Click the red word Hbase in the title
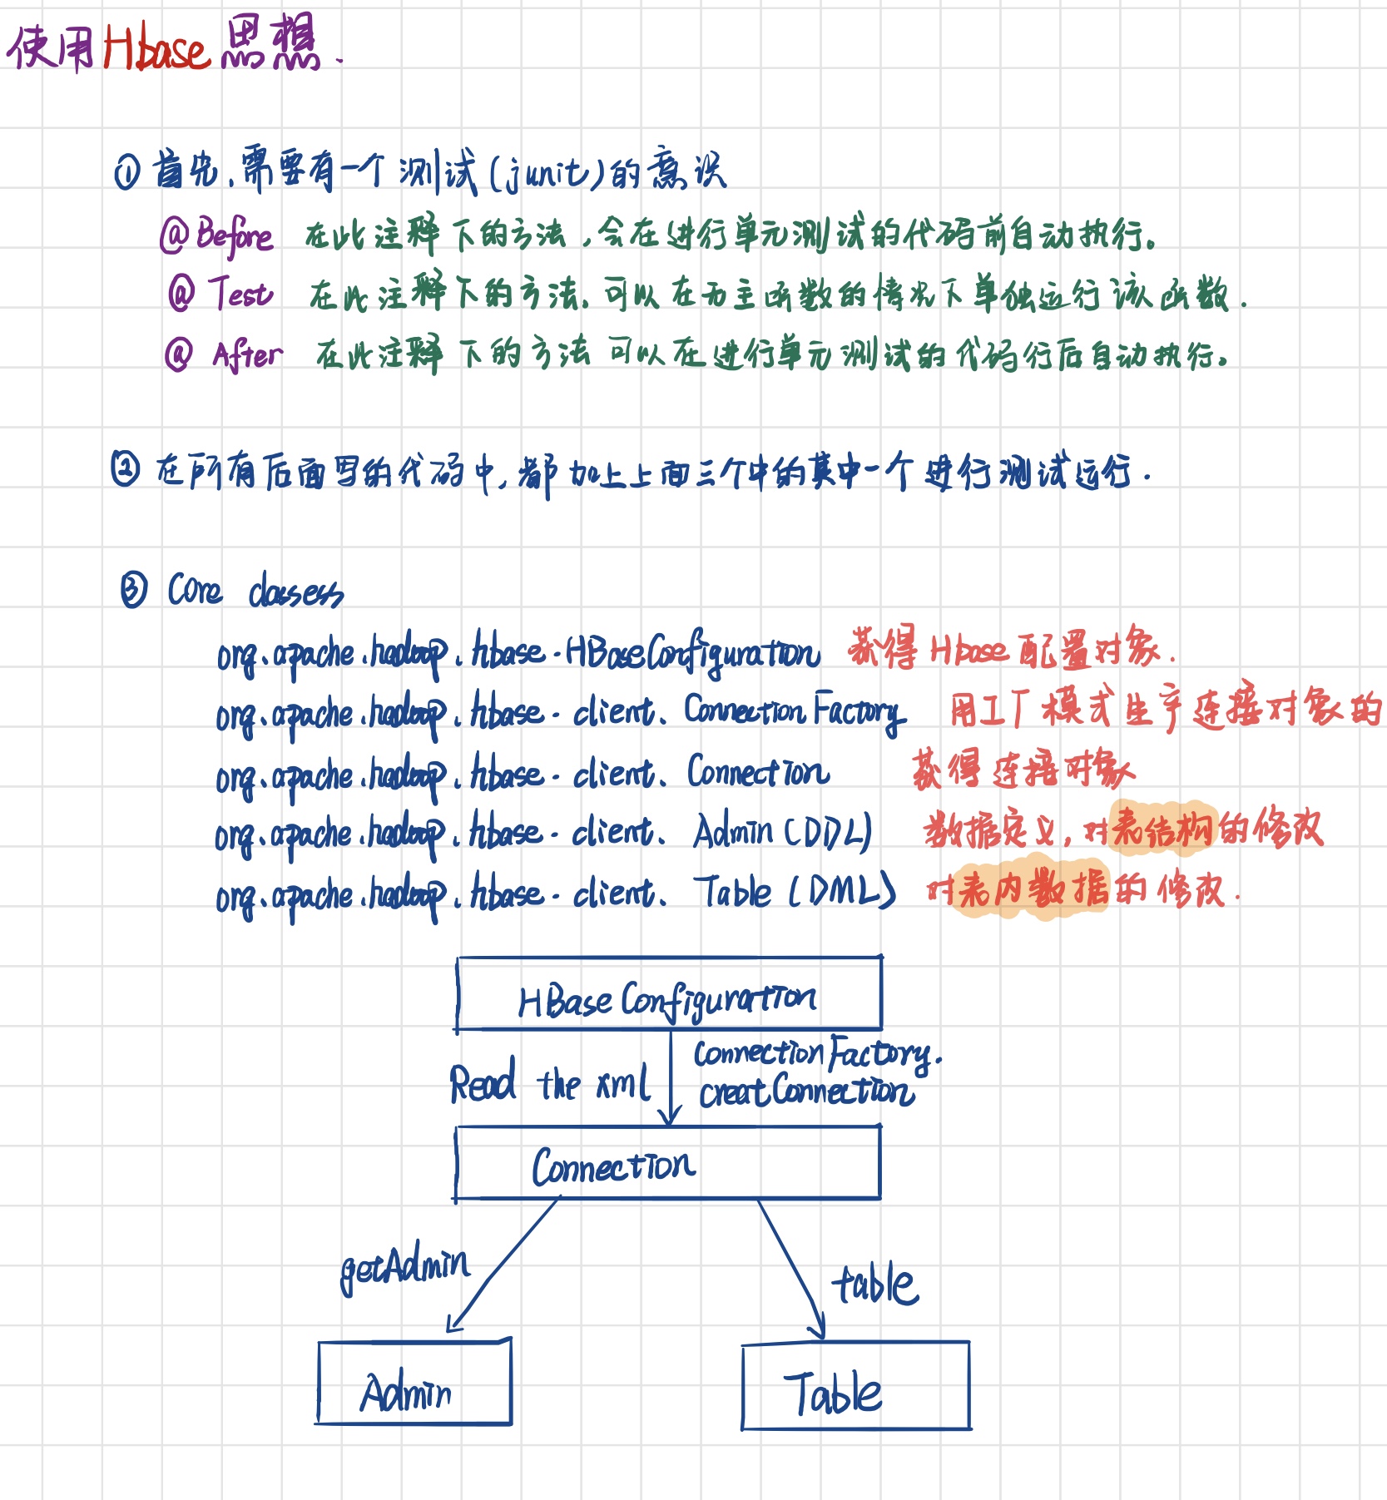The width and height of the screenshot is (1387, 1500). point(156,48)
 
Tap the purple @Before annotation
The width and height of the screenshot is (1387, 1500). point(216,235)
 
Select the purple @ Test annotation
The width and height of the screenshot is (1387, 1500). point(220,293)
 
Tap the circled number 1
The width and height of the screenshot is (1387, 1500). point(127,172)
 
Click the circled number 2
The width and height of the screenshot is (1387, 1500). point(125,468)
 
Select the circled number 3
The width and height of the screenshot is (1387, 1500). point(133,590)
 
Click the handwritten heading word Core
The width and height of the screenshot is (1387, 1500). point(195,590)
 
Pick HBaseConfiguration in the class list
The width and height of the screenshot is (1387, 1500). point(691,654)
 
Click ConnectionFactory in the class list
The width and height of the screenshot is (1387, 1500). point(794,712)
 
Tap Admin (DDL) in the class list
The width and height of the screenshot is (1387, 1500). point(782,831)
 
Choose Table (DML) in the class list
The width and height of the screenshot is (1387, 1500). point(795,892)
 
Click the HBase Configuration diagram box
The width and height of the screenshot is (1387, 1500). point(669,994)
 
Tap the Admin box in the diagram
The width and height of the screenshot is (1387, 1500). point(414,1383)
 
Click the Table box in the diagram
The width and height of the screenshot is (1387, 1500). point(855,1386)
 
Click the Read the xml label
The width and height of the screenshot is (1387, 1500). point(549,1083)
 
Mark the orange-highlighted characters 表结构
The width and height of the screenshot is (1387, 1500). point(1164,829)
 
